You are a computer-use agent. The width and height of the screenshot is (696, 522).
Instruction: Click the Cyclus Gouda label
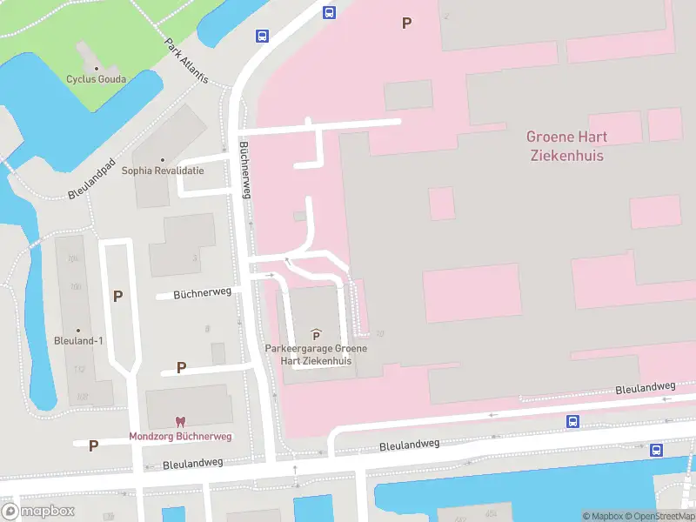click(x=96, y=79)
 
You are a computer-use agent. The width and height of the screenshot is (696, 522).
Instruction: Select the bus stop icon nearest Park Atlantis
click(x=262, y=36)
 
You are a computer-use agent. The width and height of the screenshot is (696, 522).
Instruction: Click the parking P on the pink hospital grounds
click(x=405, y=23)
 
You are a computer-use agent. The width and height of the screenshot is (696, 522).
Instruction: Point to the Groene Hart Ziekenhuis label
click(x=565, y=146)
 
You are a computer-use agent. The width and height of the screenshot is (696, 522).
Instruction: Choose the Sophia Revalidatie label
click(x=163, y=171)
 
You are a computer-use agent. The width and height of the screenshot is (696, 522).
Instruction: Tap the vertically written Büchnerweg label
click(x=245, y=171)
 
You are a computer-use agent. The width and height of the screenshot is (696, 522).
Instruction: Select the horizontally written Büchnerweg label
click(x=202, y=293)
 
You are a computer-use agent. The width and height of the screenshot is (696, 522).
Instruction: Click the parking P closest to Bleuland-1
click(x=117, y=296)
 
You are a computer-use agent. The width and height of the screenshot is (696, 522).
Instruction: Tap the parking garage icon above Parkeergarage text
click(x=316, y=335)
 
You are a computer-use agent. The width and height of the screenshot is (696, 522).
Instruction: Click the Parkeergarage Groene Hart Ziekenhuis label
click(x=316, y=354)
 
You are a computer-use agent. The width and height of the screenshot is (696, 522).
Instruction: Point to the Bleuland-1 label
click(x=78, y=340)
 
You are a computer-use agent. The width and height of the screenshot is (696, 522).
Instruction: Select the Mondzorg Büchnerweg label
click(x=180, y=436)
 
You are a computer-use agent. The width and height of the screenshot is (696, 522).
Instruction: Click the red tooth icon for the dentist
click(x=180, y=422)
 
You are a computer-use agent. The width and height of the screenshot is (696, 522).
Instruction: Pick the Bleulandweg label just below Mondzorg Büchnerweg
click(x=193, y=464)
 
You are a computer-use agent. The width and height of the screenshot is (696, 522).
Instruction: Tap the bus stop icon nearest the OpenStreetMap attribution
click(x=656, y=450)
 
